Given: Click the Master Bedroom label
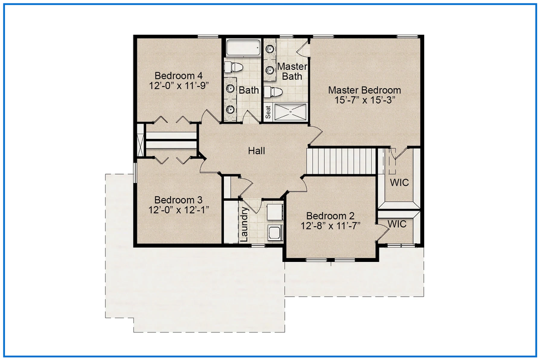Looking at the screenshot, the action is click(x=365, y=90).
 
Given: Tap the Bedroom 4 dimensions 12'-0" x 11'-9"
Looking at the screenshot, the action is click(x=179, y=85).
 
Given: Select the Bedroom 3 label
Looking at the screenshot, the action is click(x=178, y=200).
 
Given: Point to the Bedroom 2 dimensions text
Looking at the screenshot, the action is click(x=330, y=226).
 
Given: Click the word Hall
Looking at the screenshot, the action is click(x=256, y=151).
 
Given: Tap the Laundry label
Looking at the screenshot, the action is click(x=244, y=224).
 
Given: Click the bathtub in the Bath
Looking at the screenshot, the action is click(x=243, y=48).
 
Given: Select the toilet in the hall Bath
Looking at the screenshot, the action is click(x=234, y=67).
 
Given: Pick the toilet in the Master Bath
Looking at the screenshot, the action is click(x=275, y=92).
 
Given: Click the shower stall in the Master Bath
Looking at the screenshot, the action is click(x=290, y=112).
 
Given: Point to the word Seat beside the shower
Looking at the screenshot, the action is click(x=268, y=112).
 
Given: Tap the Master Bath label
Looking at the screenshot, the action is click(x=292, y=71).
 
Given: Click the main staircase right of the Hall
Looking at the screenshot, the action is click(x=341, y=161).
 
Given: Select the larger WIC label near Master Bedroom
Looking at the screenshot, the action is click(x=399, y=182).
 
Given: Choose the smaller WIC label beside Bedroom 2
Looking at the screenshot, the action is click(x=397, y=224).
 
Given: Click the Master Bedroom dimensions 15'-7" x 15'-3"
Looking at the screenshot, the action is click(x=365, y=100).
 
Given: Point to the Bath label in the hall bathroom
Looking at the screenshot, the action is click(x=249, y=90).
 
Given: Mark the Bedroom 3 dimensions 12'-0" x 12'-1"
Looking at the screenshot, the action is click(x=179, y=210).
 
